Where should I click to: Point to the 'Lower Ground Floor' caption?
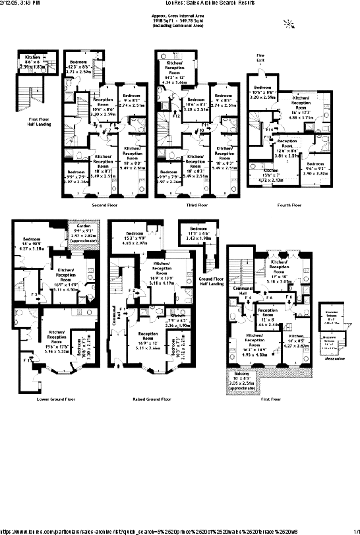(53, 399)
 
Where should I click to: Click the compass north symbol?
(286, 25)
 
